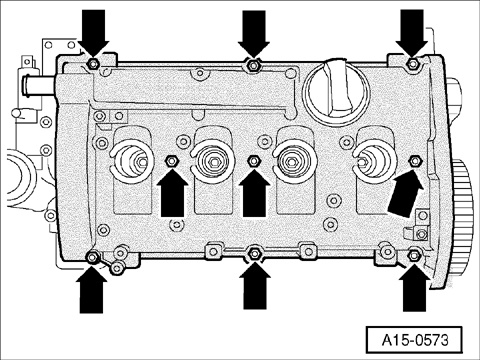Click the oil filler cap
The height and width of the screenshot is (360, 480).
(x=333, y=87)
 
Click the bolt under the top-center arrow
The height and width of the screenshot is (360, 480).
(x=254, y=67)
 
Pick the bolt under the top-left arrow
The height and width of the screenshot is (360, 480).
(x=92, y=66)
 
